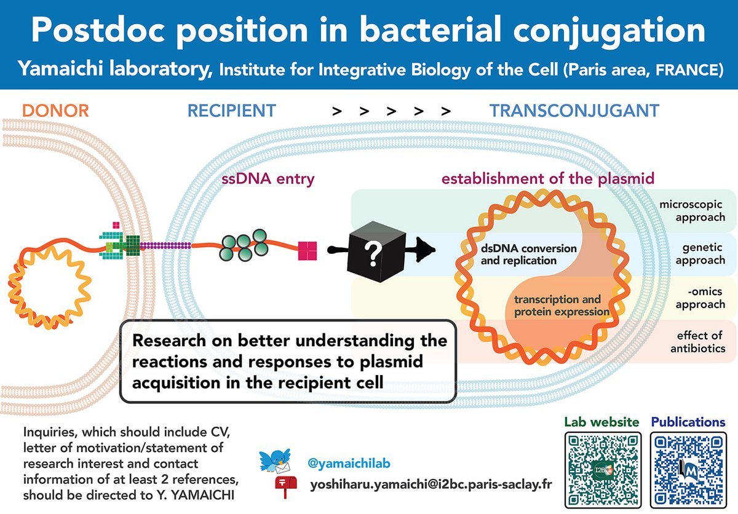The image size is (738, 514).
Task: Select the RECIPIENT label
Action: point(232,111)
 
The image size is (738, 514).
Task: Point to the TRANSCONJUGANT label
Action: point(574,111)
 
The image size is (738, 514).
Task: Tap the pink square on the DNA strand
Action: point(307,250)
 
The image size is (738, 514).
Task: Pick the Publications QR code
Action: point(688,470)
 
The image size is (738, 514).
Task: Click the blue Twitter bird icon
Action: point(274,458)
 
